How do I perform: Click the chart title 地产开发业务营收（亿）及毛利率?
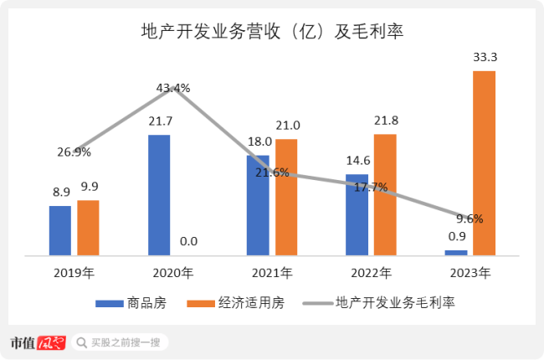271,33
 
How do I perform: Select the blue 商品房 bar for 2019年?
59,230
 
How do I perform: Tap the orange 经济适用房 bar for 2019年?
88,228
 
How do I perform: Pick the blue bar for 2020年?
159,195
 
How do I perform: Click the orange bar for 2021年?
286,197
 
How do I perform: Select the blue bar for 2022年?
357,214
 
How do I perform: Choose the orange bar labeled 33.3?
484,162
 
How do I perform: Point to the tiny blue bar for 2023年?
456,252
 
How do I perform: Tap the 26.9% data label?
74,152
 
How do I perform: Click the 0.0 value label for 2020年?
188,242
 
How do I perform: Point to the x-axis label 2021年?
271,273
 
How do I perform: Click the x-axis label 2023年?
470,273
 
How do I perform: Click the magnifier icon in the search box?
81,342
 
